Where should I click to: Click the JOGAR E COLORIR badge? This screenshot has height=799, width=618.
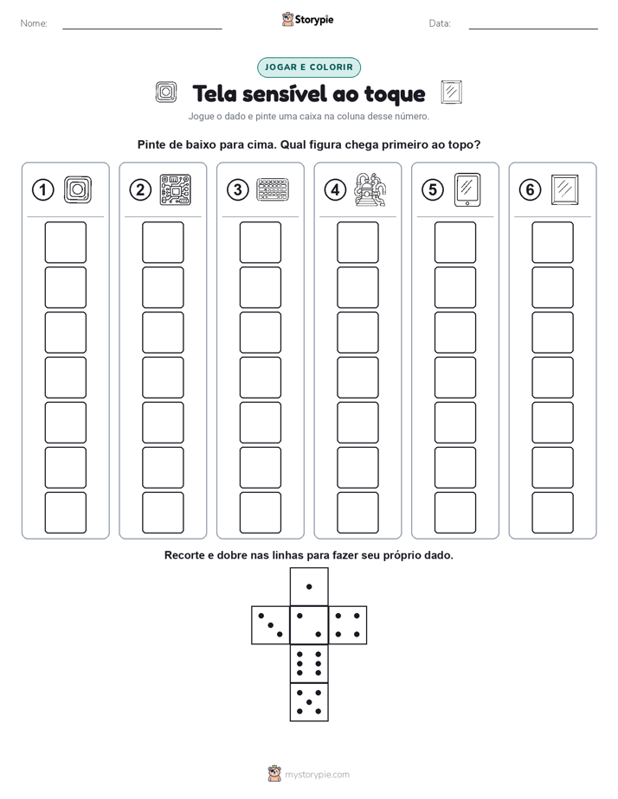tap(308, 67)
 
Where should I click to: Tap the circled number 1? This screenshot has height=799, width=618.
tap(42, 190)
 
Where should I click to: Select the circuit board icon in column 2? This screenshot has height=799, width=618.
tap(176, 189)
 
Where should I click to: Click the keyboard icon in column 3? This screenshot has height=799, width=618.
tap(273, 190)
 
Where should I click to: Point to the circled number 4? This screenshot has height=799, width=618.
tap(335, 190)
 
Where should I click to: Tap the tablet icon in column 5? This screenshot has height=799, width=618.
tap(467, 190)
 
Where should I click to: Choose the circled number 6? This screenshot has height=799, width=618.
tap(530, 190)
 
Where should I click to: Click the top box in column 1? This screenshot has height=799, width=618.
tap(65, 242)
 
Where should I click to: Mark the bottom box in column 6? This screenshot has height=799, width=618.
tap(552, 513)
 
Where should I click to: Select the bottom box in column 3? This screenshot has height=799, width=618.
tap(260, 513)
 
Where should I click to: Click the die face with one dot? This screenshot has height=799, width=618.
tap(309, 586)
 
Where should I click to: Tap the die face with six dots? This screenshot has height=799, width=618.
tap(309, 663)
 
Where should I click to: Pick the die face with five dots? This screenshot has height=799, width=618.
tap(309, 702)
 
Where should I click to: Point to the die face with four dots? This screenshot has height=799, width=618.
tap(348, 625)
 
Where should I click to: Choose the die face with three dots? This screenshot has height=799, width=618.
tap(271, 625)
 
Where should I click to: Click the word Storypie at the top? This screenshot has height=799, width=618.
tap(314, 20)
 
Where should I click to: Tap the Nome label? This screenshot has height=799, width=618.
tap(34, 23)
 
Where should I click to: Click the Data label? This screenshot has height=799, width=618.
tap(440, 23)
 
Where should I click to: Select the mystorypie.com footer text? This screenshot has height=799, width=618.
tap(317, 775)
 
